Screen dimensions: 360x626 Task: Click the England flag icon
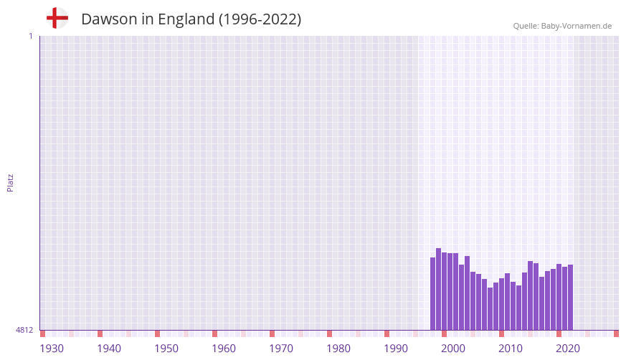pyautogui.click(x=57, y=19)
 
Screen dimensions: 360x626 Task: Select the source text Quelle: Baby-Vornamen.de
pyautogui.click(x=562, y=26)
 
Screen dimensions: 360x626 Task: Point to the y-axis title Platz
pyautogui.click(x=10, y=182)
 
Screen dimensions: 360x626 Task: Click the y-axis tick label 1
pyautogui.click(x=30, y=36)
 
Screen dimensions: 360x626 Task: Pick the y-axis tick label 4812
pyautogui.click(x=24, y=330)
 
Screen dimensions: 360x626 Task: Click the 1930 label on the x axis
pyautogui.click(x=52, y=349)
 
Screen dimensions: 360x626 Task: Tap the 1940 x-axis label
pyautogui.click(x=109, y=349)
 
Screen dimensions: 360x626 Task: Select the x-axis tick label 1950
pyautogui.click(x=166, y=349)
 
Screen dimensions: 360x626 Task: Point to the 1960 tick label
pyautogui.click(x=224, y=349)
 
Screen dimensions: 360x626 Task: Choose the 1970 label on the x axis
pyautogui.click(x=281, y=349)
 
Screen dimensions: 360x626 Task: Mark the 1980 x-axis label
pyautogui.click(x=338, y=349)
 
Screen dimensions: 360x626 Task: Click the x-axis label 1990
pyautogui.click(x=396, y=349)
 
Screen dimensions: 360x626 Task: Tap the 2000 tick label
pyautogui.click(x=453, y=349)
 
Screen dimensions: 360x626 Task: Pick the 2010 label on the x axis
pyautogui.click(x=511, y=349)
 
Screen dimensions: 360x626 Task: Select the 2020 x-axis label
pyautogui.click(x=568, y=349)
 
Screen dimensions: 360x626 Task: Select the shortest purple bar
pyautogui.click(x=490, y=308)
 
